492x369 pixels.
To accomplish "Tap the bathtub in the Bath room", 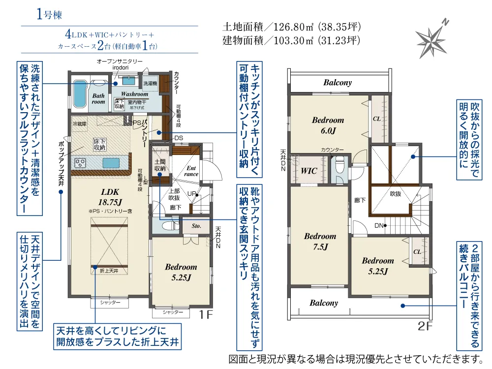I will click(x=80, y=93).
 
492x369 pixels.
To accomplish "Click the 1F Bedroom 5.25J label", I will click(x=181, y=272).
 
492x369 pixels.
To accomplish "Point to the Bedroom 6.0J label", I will click(x=328, y=125).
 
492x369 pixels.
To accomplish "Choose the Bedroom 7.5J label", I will click(x=320, y=242).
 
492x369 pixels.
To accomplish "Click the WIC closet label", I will click(x=308, y=171).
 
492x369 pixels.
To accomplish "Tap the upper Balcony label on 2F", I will click(x=338, y=82).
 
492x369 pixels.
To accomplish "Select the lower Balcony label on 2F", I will click(x=324, y=303).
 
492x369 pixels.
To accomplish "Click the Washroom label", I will click(x=134, y=94).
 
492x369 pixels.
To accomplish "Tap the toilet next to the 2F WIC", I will click(x=339, y=167).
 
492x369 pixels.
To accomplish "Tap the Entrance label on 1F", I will click(x=190, y=171).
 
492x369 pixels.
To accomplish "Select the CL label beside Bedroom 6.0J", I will click(x=376, y=119).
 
